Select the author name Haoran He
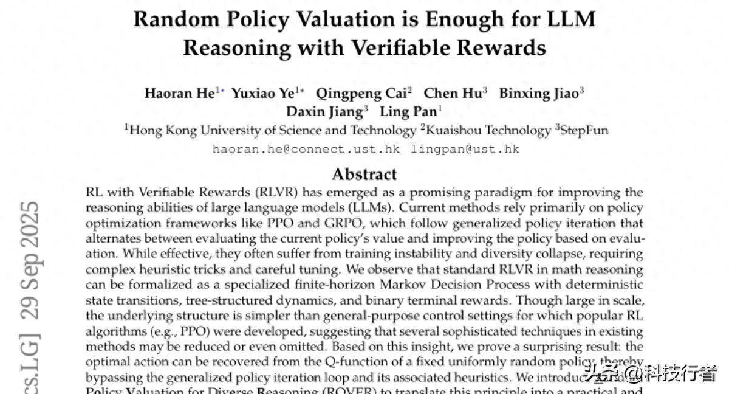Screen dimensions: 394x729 pyautogui.click(x=179, y=93)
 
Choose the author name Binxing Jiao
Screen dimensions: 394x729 pyautogui.click(x=537, y=93)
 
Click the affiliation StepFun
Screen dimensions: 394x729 pyautogui.click(x=584, y=130)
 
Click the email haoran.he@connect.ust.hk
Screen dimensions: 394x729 pyautogui.click(x=306, y=149)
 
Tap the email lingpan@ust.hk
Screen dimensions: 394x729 pyautogui.click(x=465, y=149)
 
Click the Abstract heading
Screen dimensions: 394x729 pyautogui.click(x=364, y=175)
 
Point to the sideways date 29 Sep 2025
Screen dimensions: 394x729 pyautogui.click(x=29, y=260)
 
